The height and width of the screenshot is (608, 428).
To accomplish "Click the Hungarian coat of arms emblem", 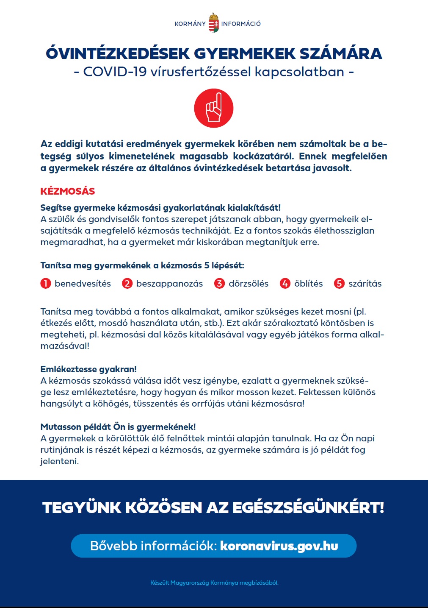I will (x=214, y=23).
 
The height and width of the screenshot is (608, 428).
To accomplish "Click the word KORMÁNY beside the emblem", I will (x=190, y=24).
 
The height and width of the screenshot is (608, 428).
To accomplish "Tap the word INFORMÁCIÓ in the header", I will (x=241, y=24).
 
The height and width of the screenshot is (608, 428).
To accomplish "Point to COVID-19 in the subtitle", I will (x=115, y=72).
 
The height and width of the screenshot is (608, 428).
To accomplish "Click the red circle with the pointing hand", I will (x=214, y=108).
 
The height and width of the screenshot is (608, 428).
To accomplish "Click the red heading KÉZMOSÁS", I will (x=68, y=191).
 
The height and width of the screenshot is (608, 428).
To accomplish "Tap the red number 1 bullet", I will (x=46, y=283).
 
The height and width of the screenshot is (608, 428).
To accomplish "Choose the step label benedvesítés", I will (x=83, y=284).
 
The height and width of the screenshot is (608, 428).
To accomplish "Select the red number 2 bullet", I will (x=127, y=283).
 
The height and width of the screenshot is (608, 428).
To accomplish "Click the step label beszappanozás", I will (x=169, y=284).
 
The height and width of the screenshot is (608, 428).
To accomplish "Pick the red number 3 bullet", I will (x=219, y=283).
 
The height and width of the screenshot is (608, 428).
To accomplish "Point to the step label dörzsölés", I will (x=249, y=284).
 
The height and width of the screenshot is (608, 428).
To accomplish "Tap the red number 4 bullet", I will (x=285, y=283).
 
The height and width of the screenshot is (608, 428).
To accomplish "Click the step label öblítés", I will (x=308, y=284).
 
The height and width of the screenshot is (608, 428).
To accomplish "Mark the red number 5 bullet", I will (x=339, y=283).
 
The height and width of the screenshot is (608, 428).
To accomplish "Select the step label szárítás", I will (x=365, y=284).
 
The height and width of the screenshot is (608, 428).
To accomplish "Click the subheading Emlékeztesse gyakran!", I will (x=88, y=369).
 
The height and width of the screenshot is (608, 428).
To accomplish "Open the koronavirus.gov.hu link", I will (x=279, y=546).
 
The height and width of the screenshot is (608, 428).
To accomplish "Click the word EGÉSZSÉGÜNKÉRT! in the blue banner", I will (x=308, y=508).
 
